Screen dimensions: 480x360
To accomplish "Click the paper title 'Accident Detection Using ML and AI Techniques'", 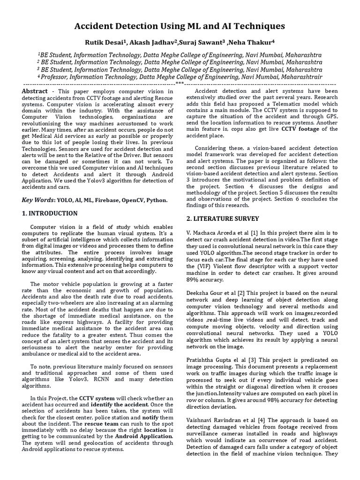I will (180, 26).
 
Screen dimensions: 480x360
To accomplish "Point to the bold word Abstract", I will (35, 91).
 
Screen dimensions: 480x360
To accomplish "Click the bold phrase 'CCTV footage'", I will (307, 129).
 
